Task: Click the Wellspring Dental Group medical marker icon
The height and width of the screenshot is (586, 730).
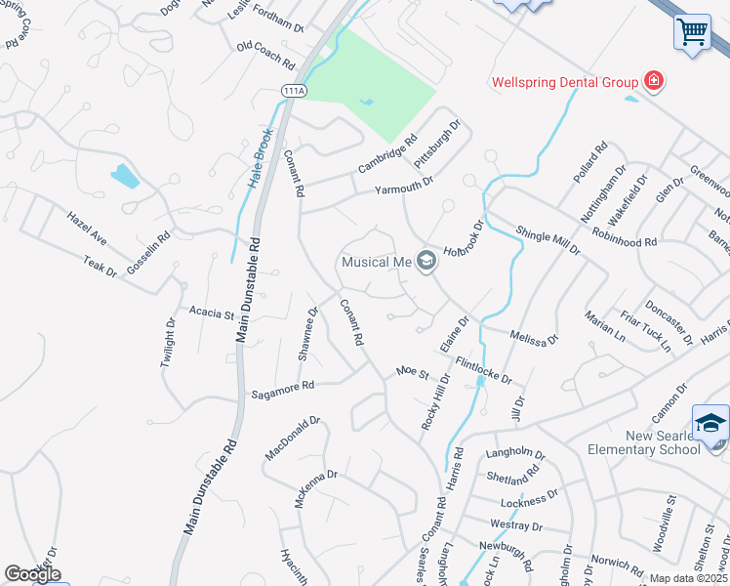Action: pyautogui.click(x=653, y=82)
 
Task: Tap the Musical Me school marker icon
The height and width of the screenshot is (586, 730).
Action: pyautogui.click(x=426, y=261)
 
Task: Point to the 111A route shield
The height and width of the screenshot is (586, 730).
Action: pyautogui.click(x=294, y=90)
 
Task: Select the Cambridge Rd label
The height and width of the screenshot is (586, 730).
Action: pyautogui.click(x=386, y=155)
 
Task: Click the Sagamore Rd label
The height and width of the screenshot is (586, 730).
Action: pyautogui.click(x=282, y=388)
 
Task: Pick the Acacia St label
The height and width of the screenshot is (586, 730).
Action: pyautogui.click(x=212, y=314)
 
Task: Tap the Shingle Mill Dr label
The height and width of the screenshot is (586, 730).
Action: pyautogui.click(x=547, y=236)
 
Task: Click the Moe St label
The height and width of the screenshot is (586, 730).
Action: pyautogui.click(x=412, y=372)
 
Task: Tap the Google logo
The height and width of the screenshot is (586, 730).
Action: pyautogui.click(x=32, y=574)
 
